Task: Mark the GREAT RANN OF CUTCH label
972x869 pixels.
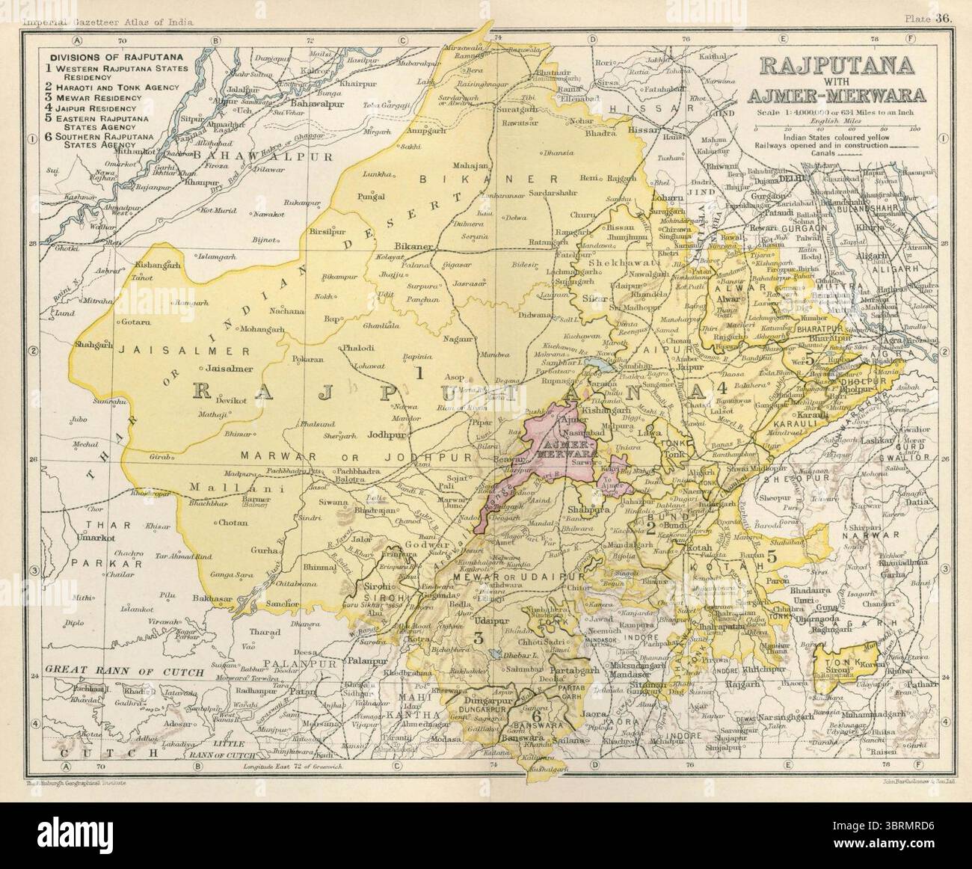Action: point(123,672)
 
